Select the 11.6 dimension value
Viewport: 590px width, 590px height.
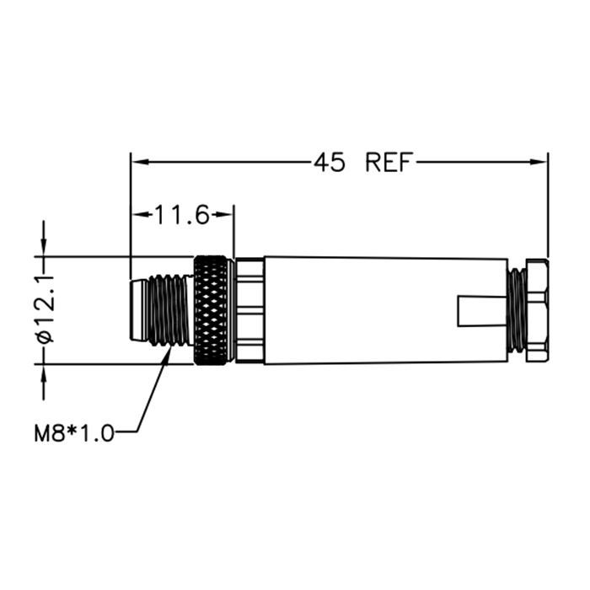182,215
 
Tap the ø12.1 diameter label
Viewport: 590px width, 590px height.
46,309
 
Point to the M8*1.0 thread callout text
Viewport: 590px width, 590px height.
74,432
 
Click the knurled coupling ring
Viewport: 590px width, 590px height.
212,310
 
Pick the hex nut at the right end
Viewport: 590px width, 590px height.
537,310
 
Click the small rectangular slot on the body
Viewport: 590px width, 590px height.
482,311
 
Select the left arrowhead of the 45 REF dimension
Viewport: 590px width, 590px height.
139,162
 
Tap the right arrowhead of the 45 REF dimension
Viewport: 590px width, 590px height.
539,162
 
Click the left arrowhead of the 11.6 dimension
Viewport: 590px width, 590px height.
139,215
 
